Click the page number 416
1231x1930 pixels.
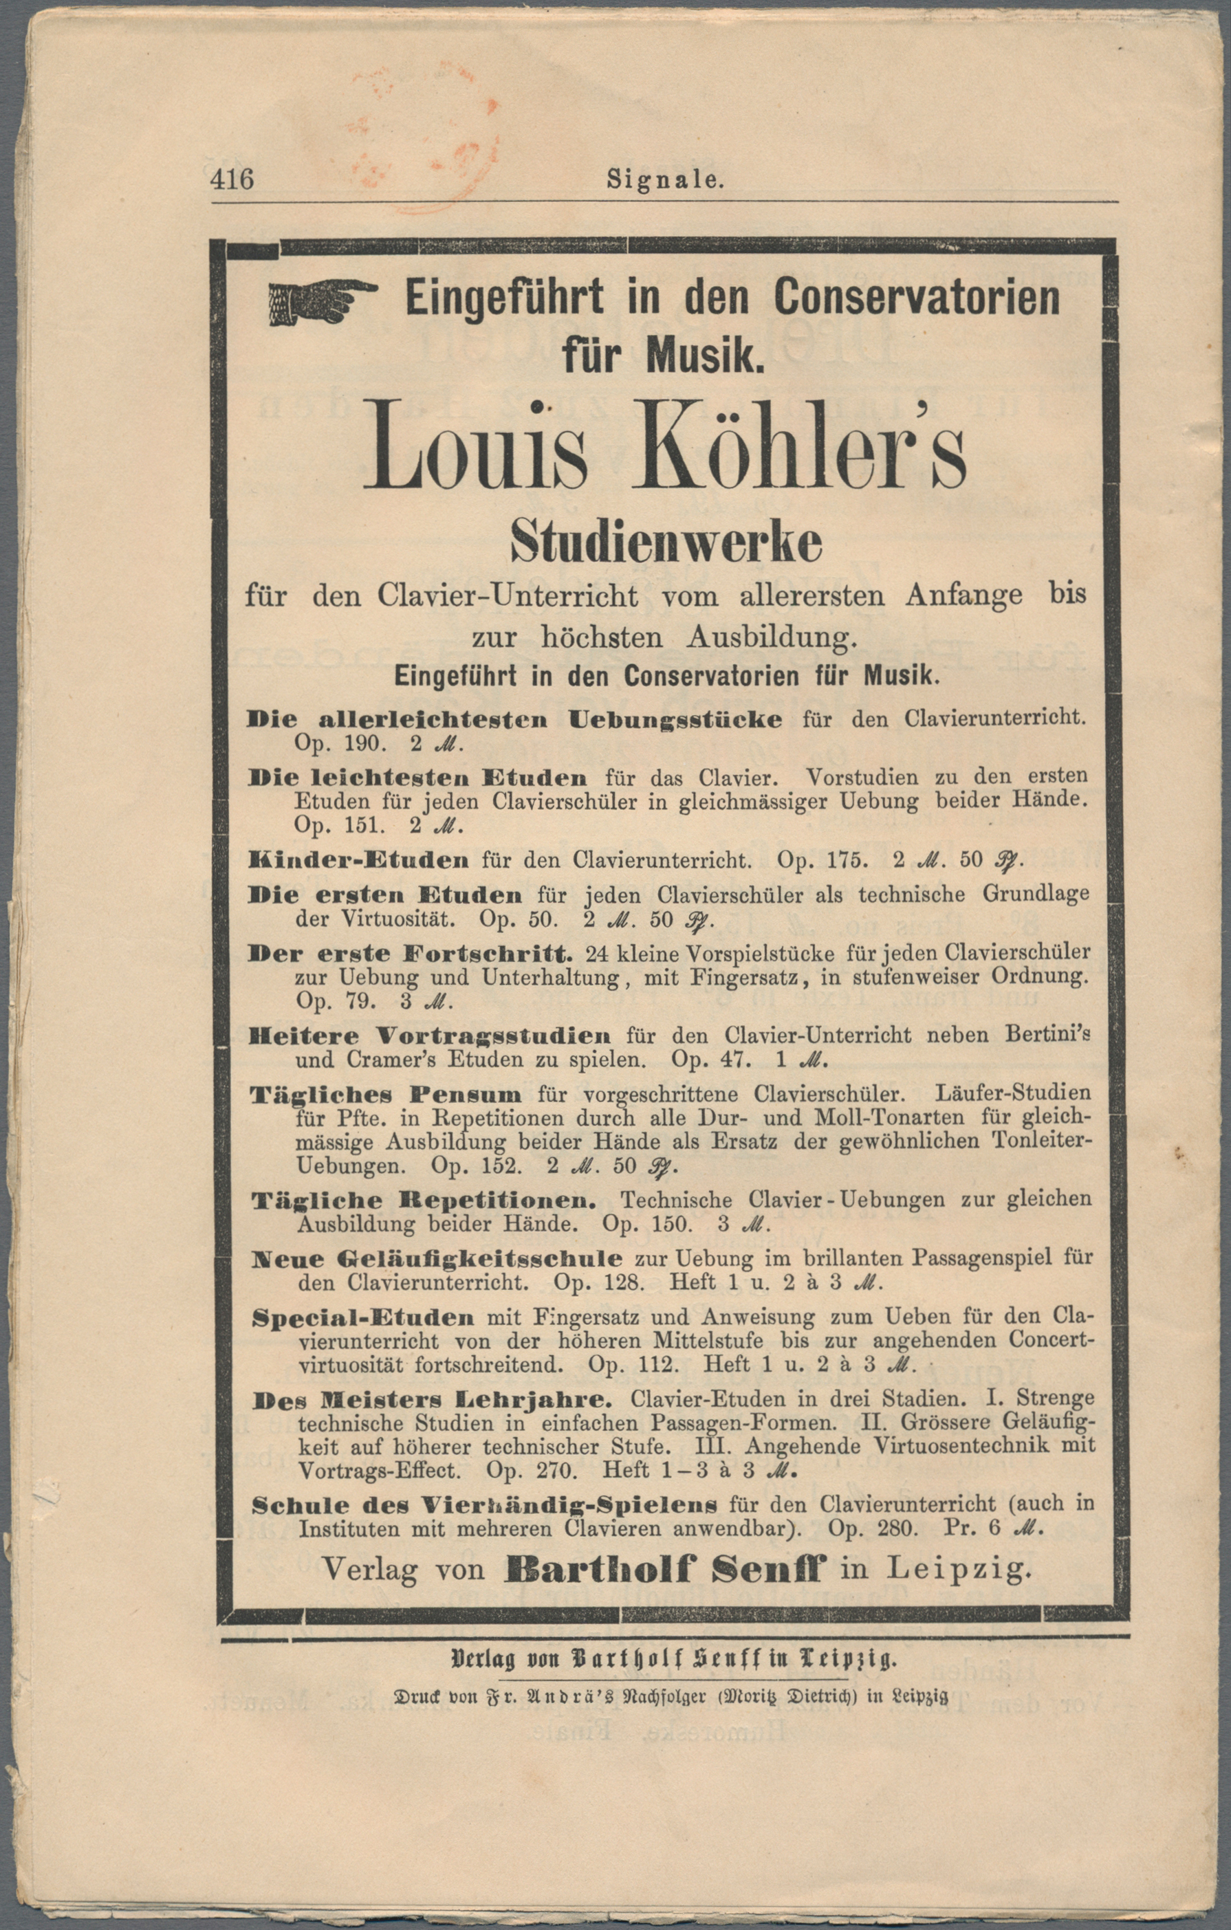232,178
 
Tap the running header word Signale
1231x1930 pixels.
665,179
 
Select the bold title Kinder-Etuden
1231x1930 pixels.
358,861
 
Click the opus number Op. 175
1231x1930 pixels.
821,861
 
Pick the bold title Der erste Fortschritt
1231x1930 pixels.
411,954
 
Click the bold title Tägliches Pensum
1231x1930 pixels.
386,1094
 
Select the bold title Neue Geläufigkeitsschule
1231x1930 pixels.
437,1258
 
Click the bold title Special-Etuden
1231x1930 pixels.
363,1317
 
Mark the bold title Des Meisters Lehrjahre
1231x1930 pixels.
433,1400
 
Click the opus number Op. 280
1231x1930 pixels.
872,1528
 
